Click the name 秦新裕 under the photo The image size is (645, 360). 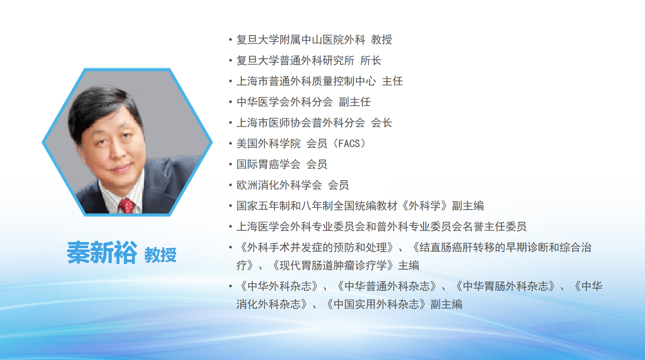pos(102,253)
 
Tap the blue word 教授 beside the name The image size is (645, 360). pos(160,255)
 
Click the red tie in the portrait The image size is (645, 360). pos(126,206)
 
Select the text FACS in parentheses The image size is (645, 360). pos(349,143)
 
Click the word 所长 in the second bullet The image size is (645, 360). pos(371,61)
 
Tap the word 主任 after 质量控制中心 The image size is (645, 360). pos(392,81)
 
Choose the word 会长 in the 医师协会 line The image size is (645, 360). pos(381,123)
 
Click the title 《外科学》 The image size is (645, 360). pos(425,206)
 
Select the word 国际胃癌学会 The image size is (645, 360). pos(268,164)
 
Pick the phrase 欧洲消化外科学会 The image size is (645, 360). pos(279,185)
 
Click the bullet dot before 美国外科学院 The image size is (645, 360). pos(230,143)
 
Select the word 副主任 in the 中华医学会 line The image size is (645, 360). pos(354,102)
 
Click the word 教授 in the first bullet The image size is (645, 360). pos(381,40)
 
